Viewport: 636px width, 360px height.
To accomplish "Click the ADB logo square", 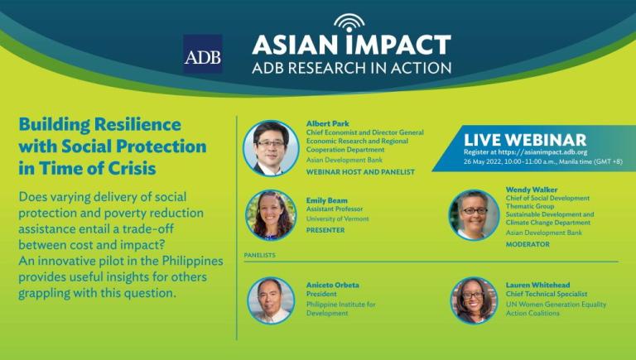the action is (202, 54).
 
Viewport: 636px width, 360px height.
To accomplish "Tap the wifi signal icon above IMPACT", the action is (349, 23).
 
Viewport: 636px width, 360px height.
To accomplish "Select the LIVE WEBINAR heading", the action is (525, 140).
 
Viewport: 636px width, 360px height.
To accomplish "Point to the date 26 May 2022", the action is (482, 161).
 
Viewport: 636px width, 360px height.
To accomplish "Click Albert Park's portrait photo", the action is (271, 148).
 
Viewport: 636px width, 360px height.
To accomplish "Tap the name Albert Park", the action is (327, 123).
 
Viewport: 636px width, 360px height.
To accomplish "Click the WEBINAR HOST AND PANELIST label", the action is (360, 172).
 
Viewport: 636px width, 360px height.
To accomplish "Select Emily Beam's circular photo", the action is (271, 215).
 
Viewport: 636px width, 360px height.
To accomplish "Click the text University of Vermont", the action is (338, 219).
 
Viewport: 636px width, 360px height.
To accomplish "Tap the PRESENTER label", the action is (325, 230).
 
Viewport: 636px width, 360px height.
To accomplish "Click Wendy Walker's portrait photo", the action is (474, 215).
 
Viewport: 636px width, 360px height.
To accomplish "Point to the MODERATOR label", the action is (528, 244).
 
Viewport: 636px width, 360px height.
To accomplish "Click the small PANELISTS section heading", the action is (259, 255).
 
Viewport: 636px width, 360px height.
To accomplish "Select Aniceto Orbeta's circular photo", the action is (271, 300).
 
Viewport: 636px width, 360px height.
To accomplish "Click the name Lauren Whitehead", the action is (537, 285).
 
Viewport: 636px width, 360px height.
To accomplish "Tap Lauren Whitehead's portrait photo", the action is (474, 300).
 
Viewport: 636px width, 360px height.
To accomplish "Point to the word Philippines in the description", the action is (193, 261).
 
